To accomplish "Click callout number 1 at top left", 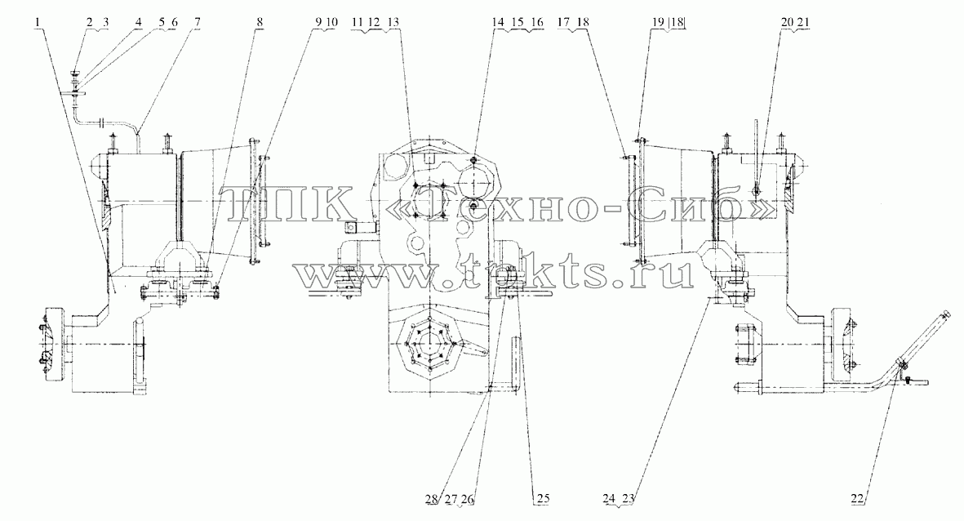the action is click(x=38, y=23).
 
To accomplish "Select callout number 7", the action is click(x=197, y=23).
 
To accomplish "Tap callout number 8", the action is click(x=260, y=23).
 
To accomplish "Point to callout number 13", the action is click(x=393, y=23).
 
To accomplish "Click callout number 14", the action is click(x=497, y=23).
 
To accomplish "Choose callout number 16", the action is click(x=537, y=23).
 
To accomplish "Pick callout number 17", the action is click(x=563, y=23).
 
